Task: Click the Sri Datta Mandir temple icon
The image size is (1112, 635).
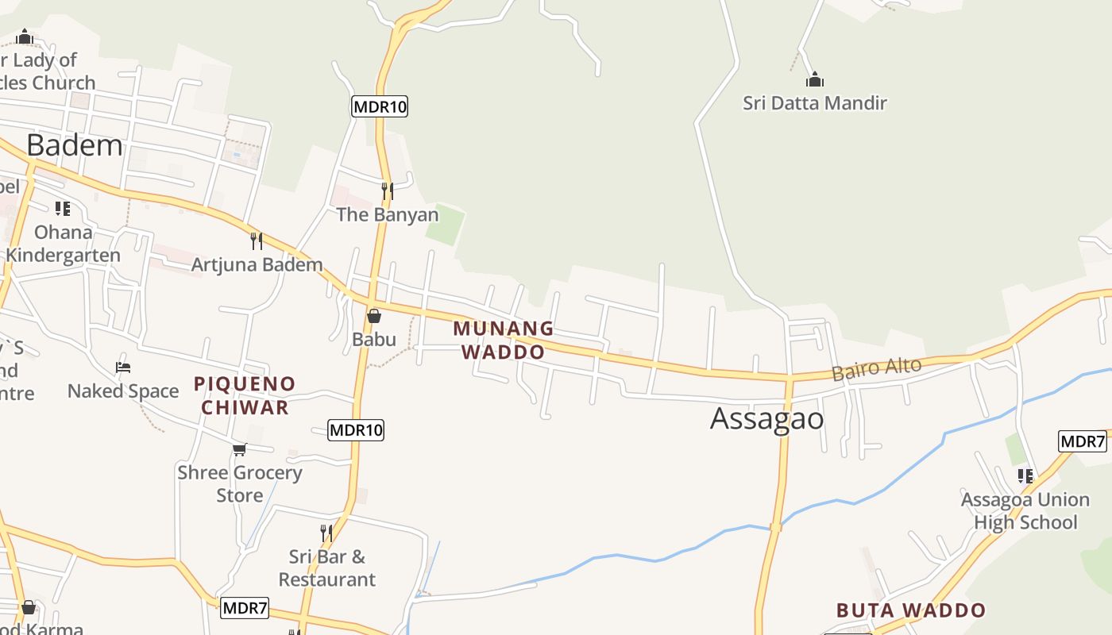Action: pyautogui.click(x=815, y=80)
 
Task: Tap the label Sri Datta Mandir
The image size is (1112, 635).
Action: pyautogui.click(x=815, y=102)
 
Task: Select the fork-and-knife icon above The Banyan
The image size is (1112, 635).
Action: pyautogui.click(x=387, y=191)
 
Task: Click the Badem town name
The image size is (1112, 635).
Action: pyautogui.click(x=75, y=145)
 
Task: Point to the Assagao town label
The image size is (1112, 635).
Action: pyautogui.click(x=766, y=418)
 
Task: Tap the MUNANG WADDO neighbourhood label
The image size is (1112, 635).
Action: pyautogui.click(x=503, y=340)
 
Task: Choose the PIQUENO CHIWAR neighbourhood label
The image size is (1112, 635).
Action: pyautogui.click(x=245, y=395)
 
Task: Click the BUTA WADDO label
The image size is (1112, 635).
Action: pyautogui.click(x=910, y=610)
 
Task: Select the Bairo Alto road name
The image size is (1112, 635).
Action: pyautogui.click(x=876, y=369)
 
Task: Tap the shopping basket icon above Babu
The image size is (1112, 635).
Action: pyautogui.click(x=374, y=316)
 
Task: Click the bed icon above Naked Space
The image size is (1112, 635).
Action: pyautogui.click(x=123, y=368)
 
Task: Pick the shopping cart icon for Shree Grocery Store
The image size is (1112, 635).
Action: pyautogui.click(x=240, y=449)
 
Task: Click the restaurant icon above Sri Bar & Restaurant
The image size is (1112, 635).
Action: pyautogui.click(x=326, y=533)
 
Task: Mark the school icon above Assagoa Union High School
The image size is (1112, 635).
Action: pyautogui.click(x=1025, y=476)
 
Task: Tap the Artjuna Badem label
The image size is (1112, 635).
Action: pyautogui.click(x=257, y=264)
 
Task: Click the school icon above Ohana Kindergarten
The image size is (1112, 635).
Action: pyautogui.click(x=63, y=209)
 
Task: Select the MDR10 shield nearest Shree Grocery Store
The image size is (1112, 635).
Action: pyautogui.click(x=356, y=430)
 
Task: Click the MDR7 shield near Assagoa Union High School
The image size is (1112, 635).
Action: pyautogui.click(x=1082, y=441)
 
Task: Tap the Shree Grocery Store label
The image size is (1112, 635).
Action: pyautogui.click(x=240, y=483)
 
